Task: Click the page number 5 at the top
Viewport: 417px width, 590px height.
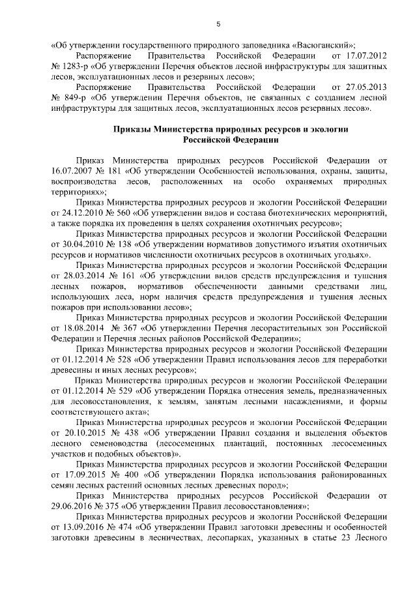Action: [x=219, y=24]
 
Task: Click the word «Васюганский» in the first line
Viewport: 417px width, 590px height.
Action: [x=321, y=45]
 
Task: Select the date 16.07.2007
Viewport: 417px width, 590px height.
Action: [x=73, y=171]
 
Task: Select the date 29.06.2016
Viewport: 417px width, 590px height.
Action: [x=73, y=505]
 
